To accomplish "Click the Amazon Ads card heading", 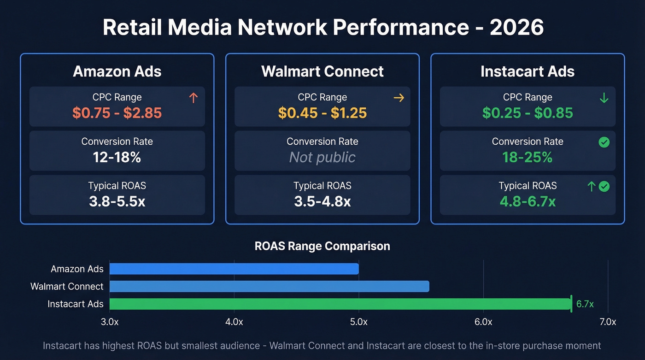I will [x=117, y=71].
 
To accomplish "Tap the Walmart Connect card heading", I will [x=322, y=71].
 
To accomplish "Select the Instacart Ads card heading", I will [x=528, y=71].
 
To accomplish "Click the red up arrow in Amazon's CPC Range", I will [x=193, y=98].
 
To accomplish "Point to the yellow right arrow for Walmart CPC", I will [x=399, y=98].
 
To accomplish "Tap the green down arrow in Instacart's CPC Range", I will [x=604, y=98].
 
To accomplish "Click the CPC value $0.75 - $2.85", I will [x=117, y=113].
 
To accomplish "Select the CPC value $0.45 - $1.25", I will [x=322, y=113].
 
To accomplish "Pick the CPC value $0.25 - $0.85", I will [x=528, y=113].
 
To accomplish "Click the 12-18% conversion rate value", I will [x=117, y=157].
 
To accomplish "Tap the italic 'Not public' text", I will [x=322, y=157].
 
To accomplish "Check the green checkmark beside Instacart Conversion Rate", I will [x=604, y=142].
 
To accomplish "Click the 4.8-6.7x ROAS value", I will [x=528, y=201].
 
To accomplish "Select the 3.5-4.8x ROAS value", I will [x=322, y=201].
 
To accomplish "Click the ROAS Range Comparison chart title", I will [x=322, y=246].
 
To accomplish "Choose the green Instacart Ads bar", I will [x=340, y=304].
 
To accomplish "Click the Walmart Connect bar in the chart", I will [x=269, y=286].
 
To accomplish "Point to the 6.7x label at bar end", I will [x=585, y=304].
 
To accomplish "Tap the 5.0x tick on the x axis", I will [x=358, y=322].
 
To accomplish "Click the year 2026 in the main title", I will [x=516, y=28].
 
